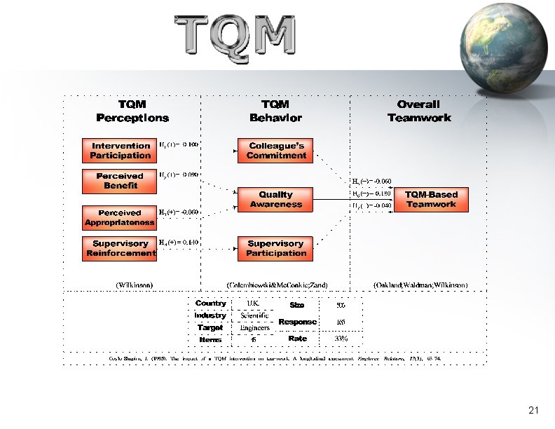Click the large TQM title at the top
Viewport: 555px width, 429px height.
coord(235,36)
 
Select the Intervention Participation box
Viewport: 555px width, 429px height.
coord(121,151)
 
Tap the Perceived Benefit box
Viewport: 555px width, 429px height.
coord(121,181)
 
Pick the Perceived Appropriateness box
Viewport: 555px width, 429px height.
coord(120,217)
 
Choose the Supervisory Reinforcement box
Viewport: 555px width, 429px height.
coord(121,248)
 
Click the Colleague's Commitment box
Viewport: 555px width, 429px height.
coord(277,151)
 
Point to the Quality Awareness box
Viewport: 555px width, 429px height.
coord(276,200)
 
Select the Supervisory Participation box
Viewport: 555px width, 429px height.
coord(276,248)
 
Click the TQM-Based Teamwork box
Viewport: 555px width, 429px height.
coord(431,200)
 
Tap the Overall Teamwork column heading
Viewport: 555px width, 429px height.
coord(419,111)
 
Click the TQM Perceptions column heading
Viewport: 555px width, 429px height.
coord(132,111)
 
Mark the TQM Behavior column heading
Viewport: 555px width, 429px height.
coord(276,111)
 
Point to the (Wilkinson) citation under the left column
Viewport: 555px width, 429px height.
coord(134,285)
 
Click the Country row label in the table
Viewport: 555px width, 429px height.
coord(210,304)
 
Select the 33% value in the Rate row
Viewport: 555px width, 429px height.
coord(341,339)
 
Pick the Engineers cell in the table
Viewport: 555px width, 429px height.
coord(254,327)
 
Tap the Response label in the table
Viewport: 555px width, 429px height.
coord(297,322)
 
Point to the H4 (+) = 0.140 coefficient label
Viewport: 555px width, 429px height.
coord(179,242)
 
